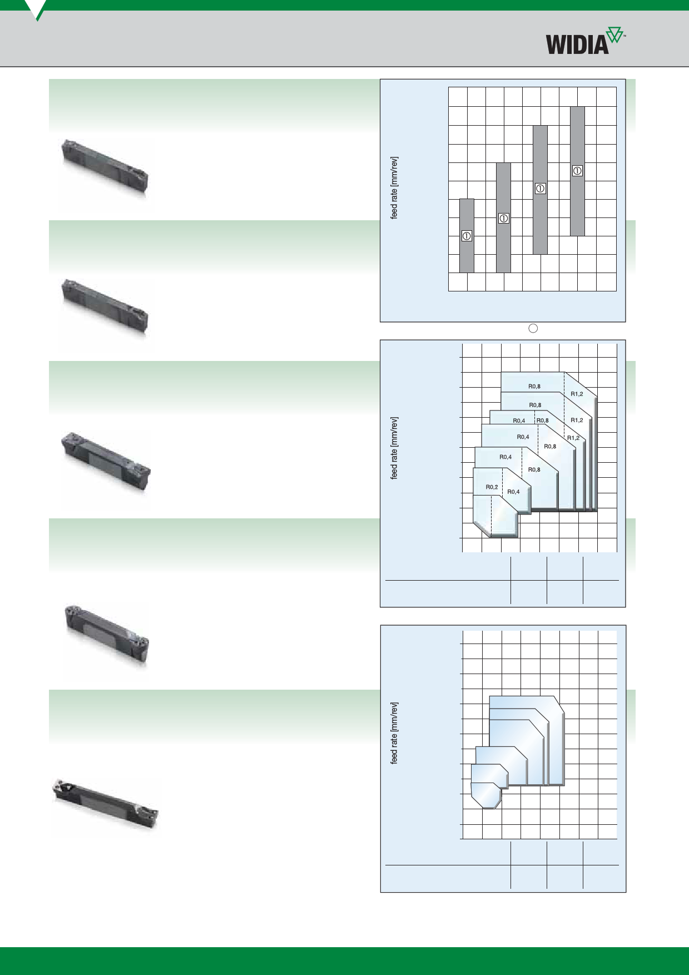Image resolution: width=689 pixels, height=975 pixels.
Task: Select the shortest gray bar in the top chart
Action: (467, 236)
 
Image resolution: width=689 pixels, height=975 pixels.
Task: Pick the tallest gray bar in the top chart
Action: (577, 171)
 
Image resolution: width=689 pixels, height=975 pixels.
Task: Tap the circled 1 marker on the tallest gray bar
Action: (577, 171)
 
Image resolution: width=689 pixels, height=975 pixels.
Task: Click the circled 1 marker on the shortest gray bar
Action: (467, 236)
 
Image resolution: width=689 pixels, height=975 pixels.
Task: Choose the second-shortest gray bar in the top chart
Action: (503, 217)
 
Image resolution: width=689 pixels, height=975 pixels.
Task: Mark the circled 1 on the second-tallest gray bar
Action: (540, 189)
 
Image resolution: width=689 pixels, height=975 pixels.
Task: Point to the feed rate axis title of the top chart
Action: (394, 187)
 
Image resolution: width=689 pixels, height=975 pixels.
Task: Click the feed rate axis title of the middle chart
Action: (394, 448)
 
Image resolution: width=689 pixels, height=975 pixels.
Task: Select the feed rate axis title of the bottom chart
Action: (394, 733)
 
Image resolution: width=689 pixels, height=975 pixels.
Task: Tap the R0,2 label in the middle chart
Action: (492, 487)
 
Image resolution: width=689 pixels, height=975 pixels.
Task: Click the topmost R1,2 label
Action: (577, 394)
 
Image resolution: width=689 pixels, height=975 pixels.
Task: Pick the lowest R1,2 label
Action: (573, 438)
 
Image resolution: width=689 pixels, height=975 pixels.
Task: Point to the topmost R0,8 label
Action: (534, 386)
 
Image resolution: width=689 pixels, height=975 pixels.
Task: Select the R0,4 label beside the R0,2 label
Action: (514, 492)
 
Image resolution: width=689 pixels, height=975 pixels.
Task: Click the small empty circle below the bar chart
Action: (533, 328)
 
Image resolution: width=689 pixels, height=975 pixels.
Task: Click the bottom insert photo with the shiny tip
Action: (105, 805)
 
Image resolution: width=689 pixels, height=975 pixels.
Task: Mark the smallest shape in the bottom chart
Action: (485, 795)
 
